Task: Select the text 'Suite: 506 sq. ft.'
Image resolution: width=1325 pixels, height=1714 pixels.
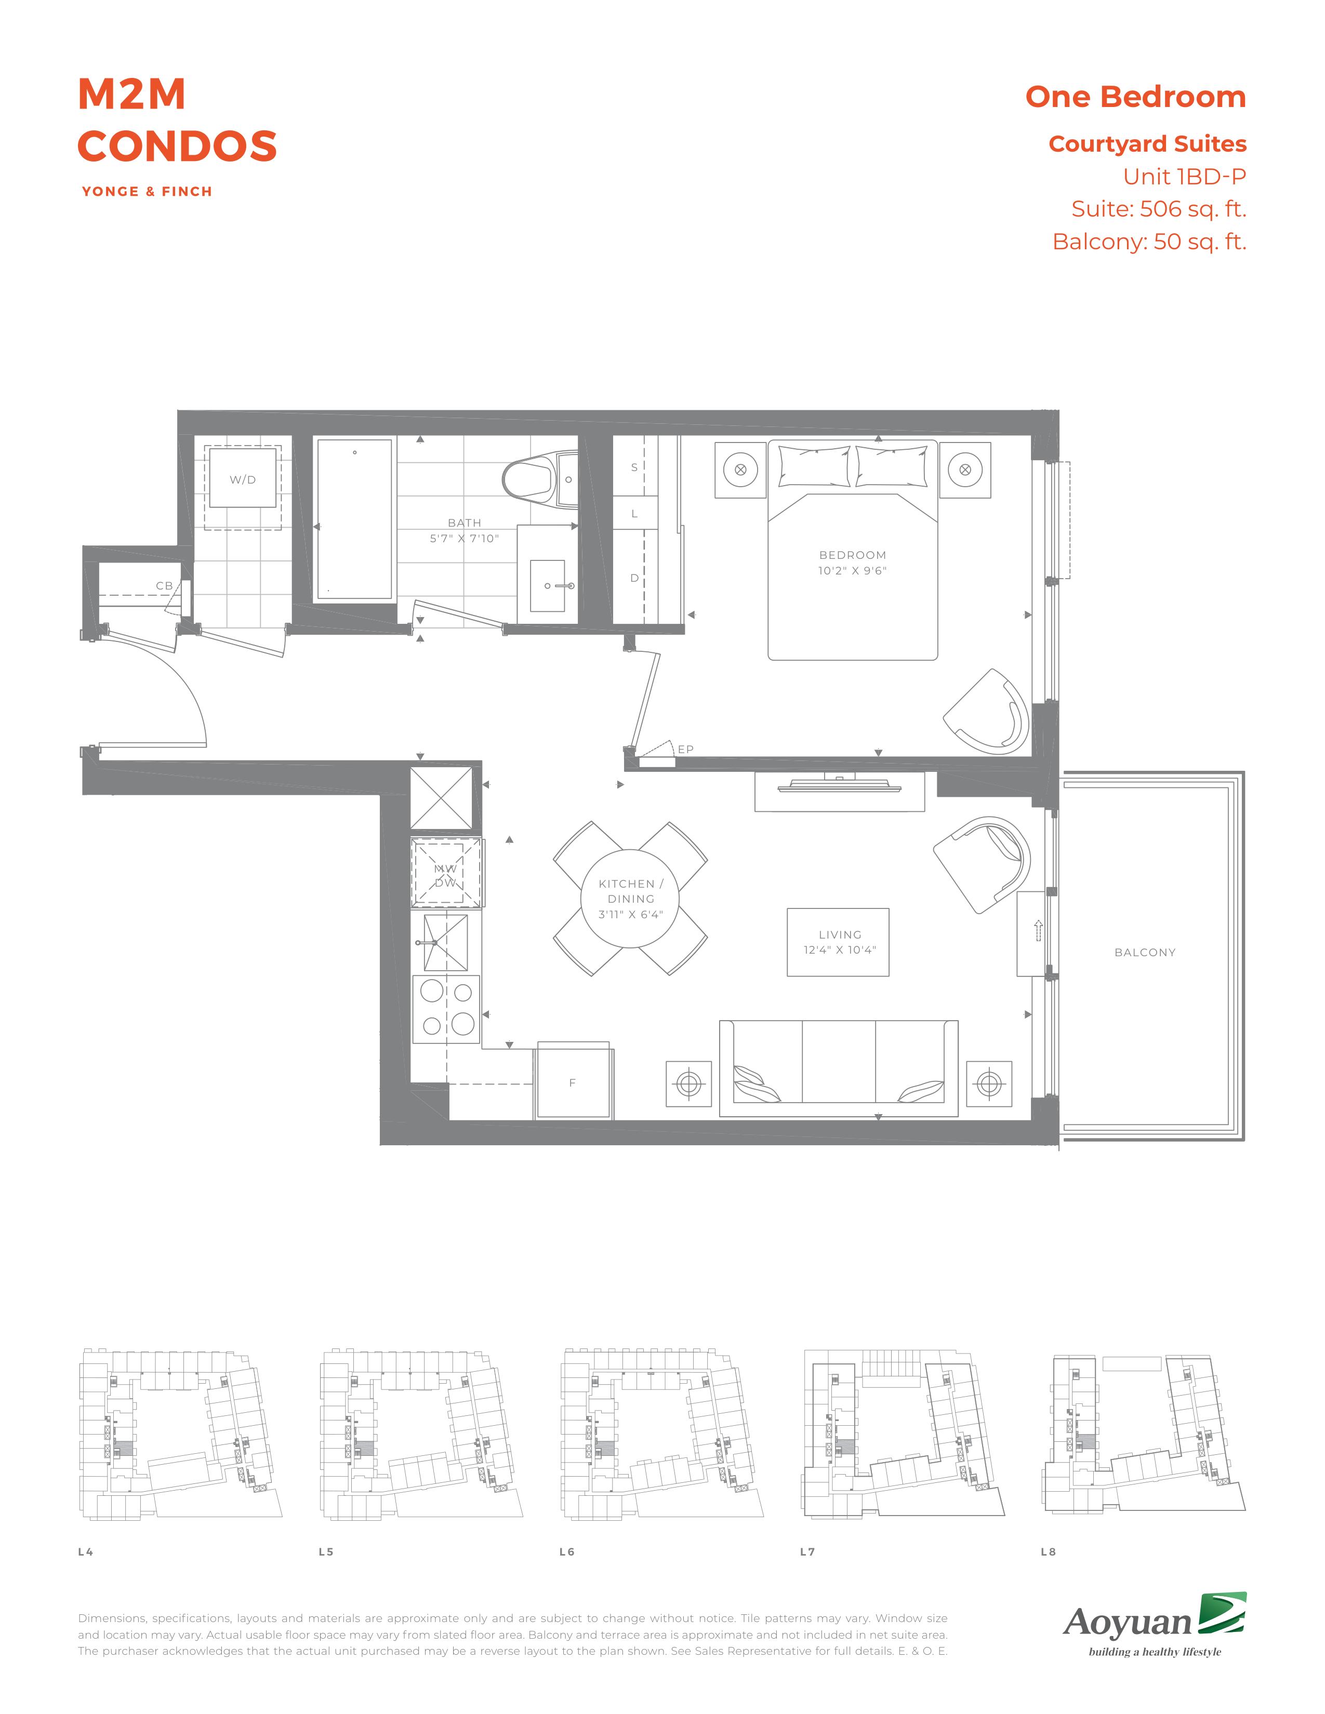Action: tap(1159, 209)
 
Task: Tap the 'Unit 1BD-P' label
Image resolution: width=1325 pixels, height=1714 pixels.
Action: tap(1185, 177)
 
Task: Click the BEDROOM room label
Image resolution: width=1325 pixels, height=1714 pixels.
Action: tap(853, 555)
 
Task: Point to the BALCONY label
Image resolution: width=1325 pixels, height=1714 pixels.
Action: tap(1145, 952)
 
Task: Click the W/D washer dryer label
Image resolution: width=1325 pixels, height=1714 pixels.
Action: tap(243, 479)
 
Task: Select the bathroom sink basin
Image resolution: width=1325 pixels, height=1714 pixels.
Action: tap(547, 585)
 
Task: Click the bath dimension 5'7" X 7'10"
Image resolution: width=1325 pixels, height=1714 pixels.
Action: tap(465, 539)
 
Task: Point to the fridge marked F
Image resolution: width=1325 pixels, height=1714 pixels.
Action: tap(573, 1081)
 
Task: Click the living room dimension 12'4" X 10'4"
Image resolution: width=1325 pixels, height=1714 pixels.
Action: tap(839, 949)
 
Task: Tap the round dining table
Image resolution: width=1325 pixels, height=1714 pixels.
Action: tap(630, 898)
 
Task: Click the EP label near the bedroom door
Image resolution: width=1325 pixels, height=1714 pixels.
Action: tap(686, 749)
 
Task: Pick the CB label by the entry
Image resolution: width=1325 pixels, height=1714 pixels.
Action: tap(164, 585)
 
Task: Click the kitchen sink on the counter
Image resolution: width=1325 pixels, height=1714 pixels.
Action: tap(445, 943)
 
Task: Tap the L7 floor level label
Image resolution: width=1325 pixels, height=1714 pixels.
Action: tap(807, 1551)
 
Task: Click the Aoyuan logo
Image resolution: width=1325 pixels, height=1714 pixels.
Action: tap(1155, 1625)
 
